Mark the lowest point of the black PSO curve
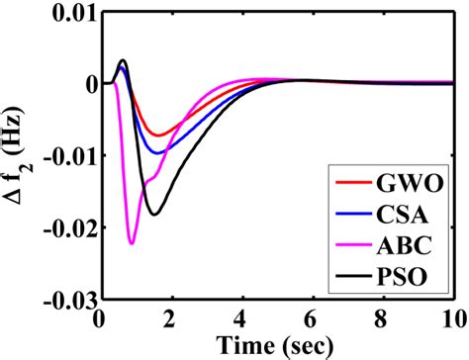[x=154, y=215]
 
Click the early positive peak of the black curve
[x=122, y=60]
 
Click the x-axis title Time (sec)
[x=274, y=345]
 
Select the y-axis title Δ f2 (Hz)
[x=17, y=156]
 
